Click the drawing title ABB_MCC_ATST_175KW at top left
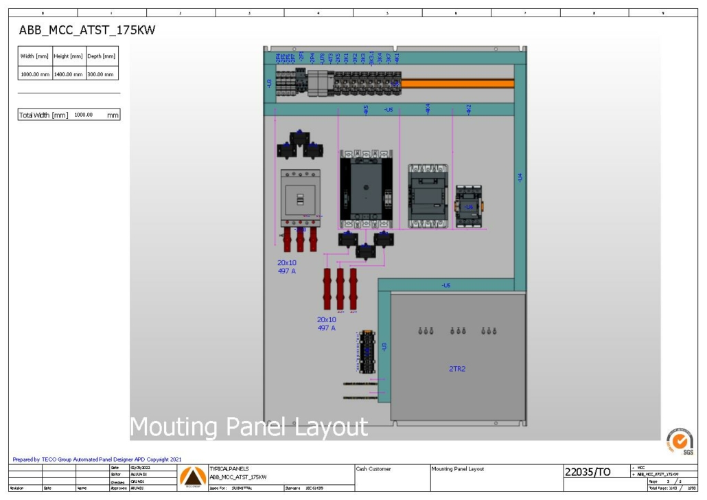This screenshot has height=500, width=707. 82,30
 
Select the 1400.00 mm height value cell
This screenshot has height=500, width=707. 69,73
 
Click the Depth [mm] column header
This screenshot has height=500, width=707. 101,56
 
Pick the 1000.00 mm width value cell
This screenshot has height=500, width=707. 35,73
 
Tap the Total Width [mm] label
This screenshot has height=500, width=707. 43,115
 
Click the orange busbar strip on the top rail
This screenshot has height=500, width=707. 457,83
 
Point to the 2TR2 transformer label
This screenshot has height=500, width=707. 457,369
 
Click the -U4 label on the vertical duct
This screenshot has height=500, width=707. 520,177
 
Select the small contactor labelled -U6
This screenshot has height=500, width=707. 470,205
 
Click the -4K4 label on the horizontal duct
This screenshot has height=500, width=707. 428,109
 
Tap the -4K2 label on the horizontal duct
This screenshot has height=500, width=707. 469,109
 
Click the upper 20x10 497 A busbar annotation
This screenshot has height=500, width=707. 287,266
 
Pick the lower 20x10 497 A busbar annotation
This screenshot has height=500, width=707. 327,323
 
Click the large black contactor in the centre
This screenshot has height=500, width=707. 366,189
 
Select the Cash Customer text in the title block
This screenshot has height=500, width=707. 374,469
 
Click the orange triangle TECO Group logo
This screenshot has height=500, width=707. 192,475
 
